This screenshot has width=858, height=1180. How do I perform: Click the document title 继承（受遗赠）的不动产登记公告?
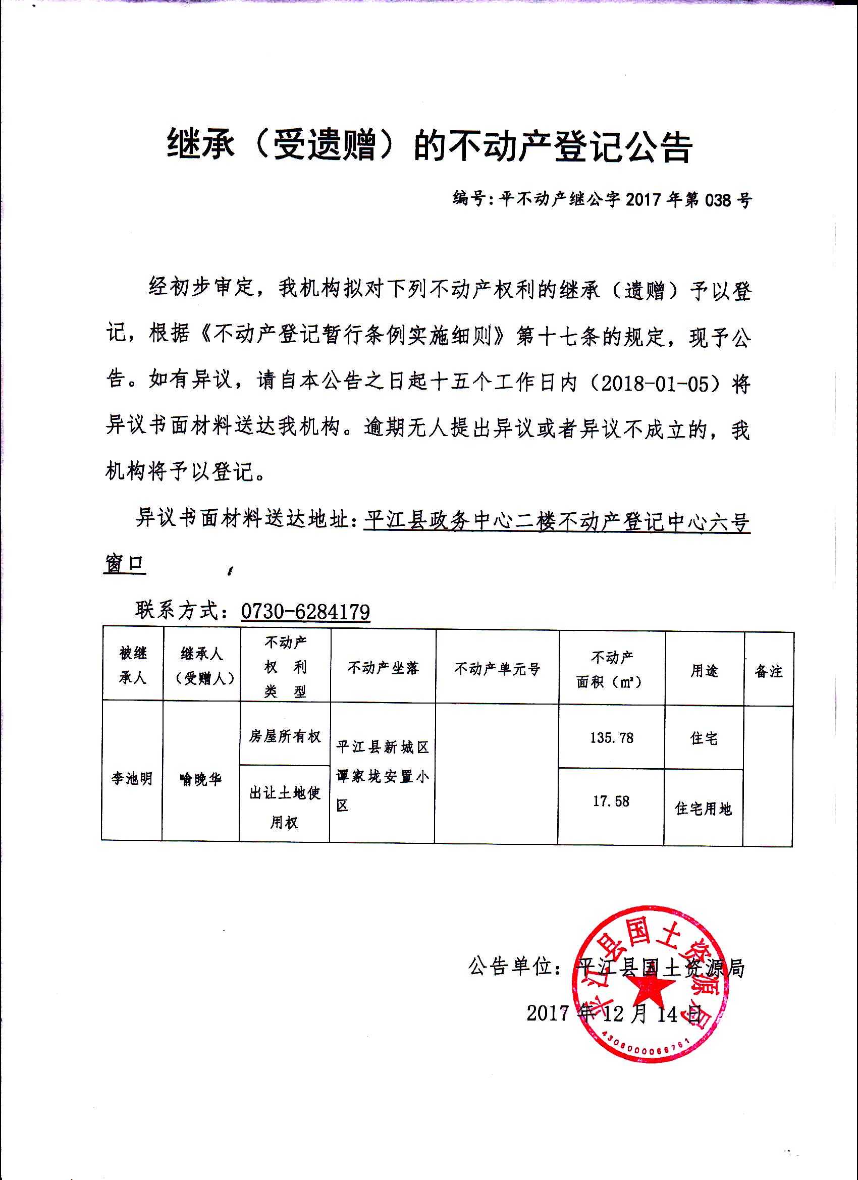click(430, 146)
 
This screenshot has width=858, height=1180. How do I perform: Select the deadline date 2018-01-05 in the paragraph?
click(655, 384)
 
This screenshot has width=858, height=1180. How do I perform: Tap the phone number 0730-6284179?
click(305, 611)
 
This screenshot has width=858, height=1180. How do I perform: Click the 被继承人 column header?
click(133, 665)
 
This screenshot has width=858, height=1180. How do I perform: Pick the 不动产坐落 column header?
click(384, 668)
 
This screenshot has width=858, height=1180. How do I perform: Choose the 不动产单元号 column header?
click(497, 669)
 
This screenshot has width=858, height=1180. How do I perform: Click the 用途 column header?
click(704, 671)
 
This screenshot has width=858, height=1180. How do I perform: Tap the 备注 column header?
click(769, 672)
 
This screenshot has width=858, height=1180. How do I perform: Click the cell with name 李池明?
click(132, 778)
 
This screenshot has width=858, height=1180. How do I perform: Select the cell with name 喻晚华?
click(201, 779)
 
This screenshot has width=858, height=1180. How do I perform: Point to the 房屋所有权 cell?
click(285, 736)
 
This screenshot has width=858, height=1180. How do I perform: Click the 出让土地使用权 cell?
click(285, 807)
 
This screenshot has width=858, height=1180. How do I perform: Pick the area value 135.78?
click(611, 738)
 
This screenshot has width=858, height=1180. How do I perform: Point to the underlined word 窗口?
click(124, 564)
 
